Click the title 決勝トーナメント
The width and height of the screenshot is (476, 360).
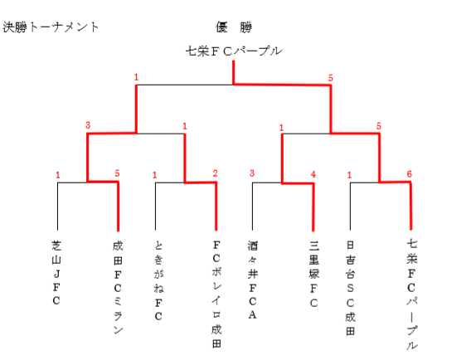[x=51, y=27]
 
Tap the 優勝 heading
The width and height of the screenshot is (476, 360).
[x=234, y=27]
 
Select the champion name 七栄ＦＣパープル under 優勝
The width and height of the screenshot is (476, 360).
[x=234, y=51]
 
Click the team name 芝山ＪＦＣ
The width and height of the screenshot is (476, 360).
[x=56, y=273]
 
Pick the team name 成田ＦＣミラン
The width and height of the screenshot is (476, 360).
[x=118, y=287]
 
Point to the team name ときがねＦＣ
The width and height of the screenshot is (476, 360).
[x=158, y=280]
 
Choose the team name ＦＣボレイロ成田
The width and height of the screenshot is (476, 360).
[x=216, y=294]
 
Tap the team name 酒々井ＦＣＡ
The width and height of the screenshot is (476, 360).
[x=253, y=280]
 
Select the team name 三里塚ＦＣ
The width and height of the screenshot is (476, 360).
[x=314, y=274]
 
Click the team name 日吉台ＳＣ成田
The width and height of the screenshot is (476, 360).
[x=350, y=288]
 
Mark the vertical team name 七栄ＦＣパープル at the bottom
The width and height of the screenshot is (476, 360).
[x=411, y=294]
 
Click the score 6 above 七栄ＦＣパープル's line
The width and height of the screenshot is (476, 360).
[x=409, y=174]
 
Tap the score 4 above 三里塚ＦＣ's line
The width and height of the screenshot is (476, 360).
[x=313, y=174]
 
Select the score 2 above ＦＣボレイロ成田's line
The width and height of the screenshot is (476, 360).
[x=216, y=173]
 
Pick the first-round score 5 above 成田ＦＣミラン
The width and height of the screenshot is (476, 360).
[x=117, y=173]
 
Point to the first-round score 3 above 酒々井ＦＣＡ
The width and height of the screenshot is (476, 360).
[x=252, y=173]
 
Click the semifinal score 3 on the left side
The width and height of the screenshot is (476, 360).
[x=88, y=125]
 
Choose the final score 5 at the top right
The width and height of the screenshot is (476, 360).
[x=331, y=78]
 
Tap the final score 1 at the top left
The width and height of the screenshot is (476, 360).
[x=136, y=77]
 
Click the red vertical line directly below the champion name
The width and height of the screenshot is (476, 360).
[x=234, y=72]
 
